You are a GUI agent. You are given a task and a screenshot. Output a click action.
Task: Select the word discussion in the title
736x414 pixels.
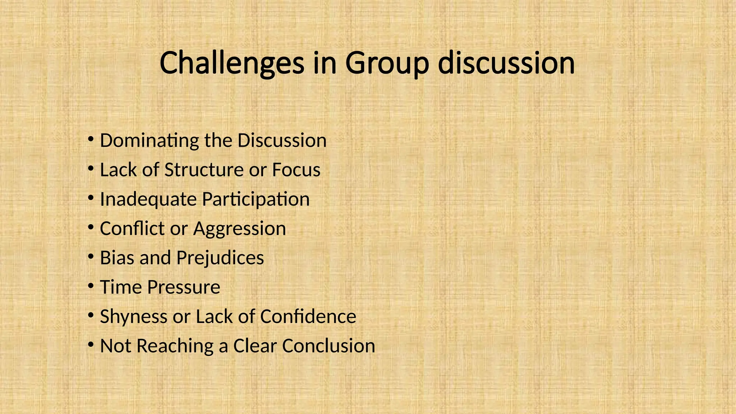pos(507,63)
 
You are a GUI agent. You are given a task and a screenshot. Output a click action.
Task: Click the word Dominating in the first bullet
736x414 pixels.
pos(149,141)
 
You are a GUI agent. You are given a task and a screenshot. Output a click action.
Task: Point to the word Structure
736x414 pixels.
pos(204,170)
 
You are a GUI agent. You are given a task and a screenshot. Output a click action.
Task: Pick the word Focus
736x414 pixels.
pos(296,170)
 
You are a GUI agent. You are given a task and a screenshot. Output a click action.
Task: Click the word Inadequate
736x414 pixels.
pos(148,199)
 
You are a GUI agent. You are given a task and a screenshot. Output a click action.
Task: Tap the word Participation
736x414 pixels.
pos(256,199)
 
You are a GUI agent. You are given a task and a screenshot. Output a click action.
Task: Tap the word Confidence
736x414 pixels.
pos(308,317)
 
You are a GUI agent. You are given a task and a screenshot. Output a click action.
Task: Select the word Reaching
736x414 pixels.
pos(175,346)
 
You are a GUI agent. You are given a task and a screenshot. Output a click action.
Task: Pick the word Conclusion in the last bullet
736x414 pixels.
pos(328,346)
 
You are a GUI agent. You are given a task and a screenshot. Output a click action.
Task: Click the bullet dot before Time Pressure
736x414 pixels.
pos(91,286)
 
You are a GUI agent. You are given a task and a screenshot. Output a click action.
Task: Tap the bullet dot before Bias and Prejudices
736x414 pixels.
pos(91,257)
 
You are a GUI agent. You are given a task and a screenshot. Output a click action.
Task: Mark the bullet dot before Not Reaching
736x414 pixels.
pos(91,345)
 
